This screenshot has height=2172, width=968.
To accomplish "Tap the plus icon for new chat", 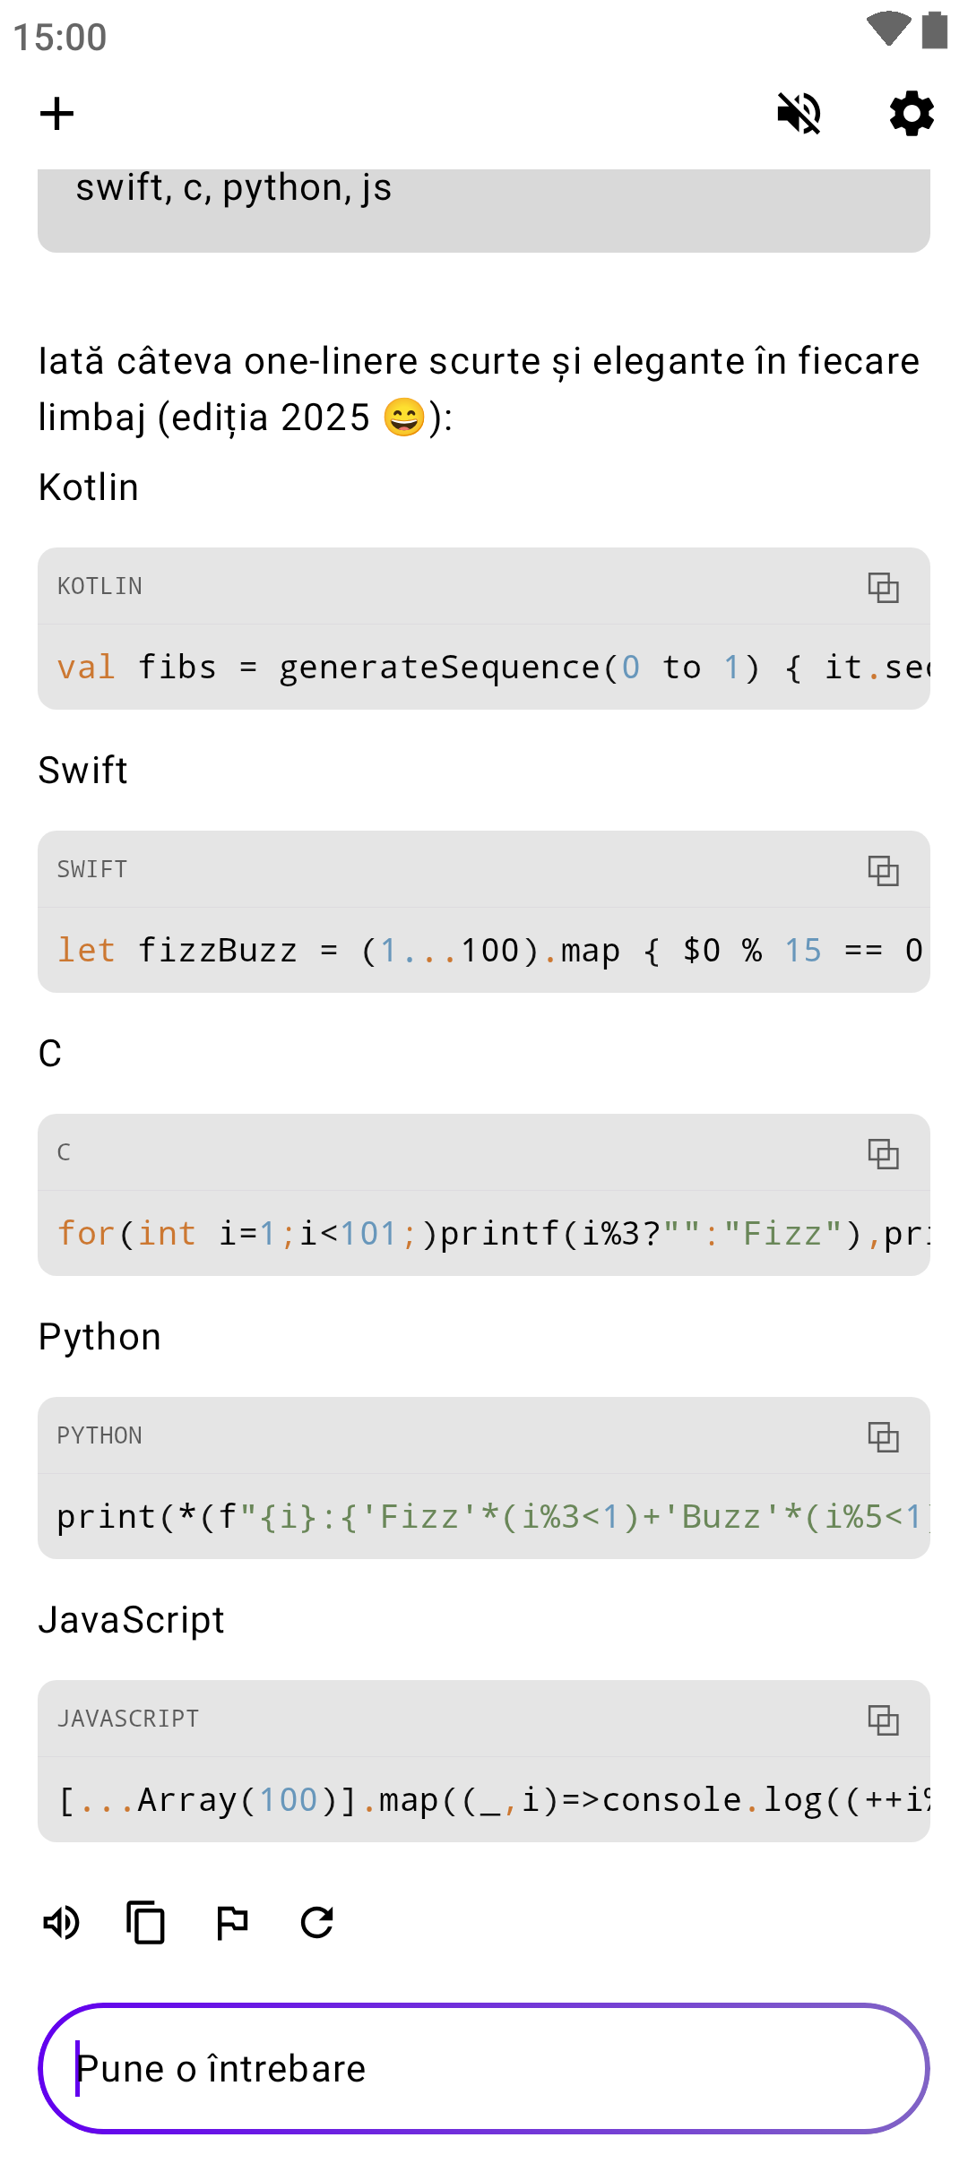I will point(57,114).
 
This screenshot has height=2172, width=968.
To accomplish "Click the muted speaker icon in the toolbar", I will point(799,114).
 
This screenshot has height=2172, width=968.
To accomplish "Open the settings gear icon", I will point(912,114).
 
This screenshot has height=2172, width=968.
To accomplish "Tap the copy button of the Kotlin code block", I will point(883,588).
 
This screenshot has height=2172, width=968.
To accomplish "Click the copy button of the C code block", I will point(883,1154).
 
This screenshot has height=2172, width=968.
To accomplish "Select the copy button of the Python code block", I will point(883,1437).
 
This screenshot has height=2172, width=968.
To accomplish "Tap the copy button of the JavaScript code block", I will point(883,1720).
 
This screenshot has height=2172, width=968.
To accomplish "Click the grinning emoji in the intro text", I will point(404,418).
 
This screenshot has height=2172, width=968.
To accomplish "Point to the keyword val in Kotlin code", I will point(86,668).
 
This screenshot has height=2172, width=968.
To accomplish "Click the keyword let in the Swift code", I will point(86,951).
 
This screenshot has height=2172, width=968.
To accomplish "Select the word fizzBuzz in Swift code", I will point(217,951).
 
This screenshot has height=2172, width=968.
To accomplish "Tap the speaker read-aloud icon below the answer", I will point(62,1923).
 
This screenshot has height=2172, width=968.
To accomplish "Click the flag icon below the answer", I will point(232,1923).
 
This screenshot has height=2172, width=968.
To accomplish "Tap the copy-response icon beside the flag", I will point(146,1923).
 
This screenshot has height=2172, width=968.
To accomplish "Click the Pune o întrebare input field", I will point(484,2069).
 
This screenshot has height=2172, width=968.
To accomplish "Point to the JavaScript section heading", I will point(132,1620).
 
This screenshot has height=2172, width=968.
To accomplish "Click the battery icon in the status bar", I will point(935,30).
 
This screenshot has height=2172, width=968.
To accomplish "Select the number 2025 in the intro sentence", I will point(324,418).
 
